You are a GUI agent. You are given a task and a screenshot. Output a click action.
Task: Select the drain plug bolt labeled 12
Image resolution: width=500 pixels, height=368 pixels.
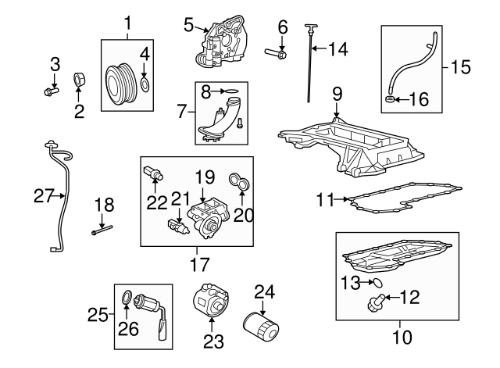point(376,302)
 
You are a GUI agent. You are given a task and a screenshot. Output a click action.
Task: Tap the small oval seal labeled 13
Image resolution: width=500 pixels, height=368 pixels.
point(378,282)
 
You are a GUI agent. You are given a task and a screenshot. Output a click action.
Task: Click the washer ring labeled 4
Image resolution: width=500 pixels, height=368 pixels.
point(145,84)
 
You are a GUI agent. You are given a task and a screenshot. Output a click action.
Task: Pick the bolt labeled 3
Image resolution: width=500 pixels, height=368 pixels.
point(51,91)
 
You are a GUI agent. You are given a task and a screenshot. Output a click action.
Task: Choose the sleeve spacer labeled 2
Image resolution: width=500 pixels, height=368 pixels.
point(79,80)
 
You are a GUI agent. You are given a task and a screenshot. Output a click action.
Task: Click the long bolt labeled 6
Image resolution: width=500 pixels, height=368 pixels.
point(276,53)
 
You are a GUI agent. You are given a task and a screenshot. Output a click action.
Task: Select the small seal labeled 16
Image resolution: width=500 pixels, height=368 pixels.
point(389,99)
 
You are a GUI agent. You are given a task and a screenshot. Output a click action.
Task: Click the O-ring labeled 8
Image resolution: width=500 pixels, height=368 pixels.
point(231,91)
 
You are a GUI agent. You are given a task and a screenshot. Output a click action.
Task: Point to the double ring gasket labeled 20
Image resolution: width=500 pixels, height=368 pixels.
point(240,180)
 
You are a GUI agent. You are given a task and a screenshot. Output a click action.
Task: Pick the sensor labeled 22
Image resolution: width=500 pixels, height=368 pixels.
point(153,173)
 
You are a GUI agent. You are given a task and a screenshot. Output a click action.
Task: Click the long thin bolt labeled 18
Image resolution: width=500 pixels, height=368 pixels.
point(102,230)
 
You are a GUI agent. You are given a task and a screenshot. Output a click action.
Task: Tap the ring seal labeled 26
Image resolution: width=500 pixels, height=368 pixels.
point(127,296)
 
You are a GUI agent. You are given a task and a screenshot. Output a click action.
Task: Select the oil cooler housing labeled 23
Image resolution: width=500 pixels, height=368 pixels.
point(210,298)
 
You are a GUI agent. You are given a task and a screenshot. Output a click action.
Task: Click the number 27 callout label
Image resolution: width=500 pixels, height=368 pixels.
point(44,196)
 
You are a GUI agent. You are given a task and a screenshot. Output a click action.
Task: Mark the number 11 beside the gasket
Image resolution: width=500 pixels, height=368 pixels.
point(325,199)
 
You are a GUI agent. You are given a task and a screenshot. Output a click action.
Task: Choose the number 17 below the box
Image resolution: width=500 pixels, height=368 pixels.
point(200,264)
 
